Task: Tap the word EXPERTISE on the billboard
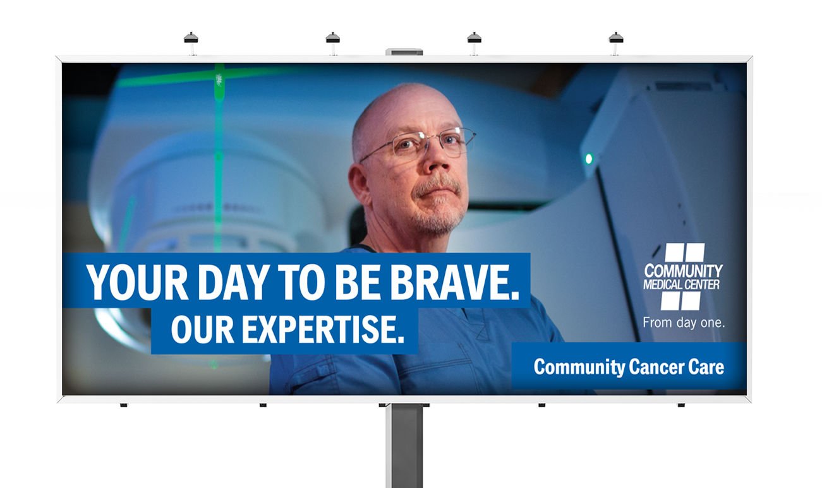tap(323, 330)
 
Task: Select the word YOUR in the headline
tap(137, 282)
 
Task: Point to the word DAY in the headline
tap(235, 282)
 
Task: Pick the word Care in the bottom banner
tap(706, 367)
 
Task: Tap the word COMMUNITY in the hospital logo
tap(683, 271)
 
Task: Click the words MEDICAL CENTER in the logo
tap(682, 285)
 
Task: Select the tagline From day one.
tap(684, 323)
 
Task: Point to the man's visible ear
tap(359, 185)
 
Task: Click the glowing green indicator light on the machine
tap(589, 158)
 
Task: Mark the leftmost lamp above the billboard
tap(191, 38)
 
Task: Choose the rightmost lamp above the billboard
tap(616, 38)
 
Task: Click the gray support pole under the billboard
tap(404, 446)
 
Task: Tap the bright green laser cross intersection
tap(219, 78)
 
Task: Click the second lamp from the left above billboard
tap(332, 38)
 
